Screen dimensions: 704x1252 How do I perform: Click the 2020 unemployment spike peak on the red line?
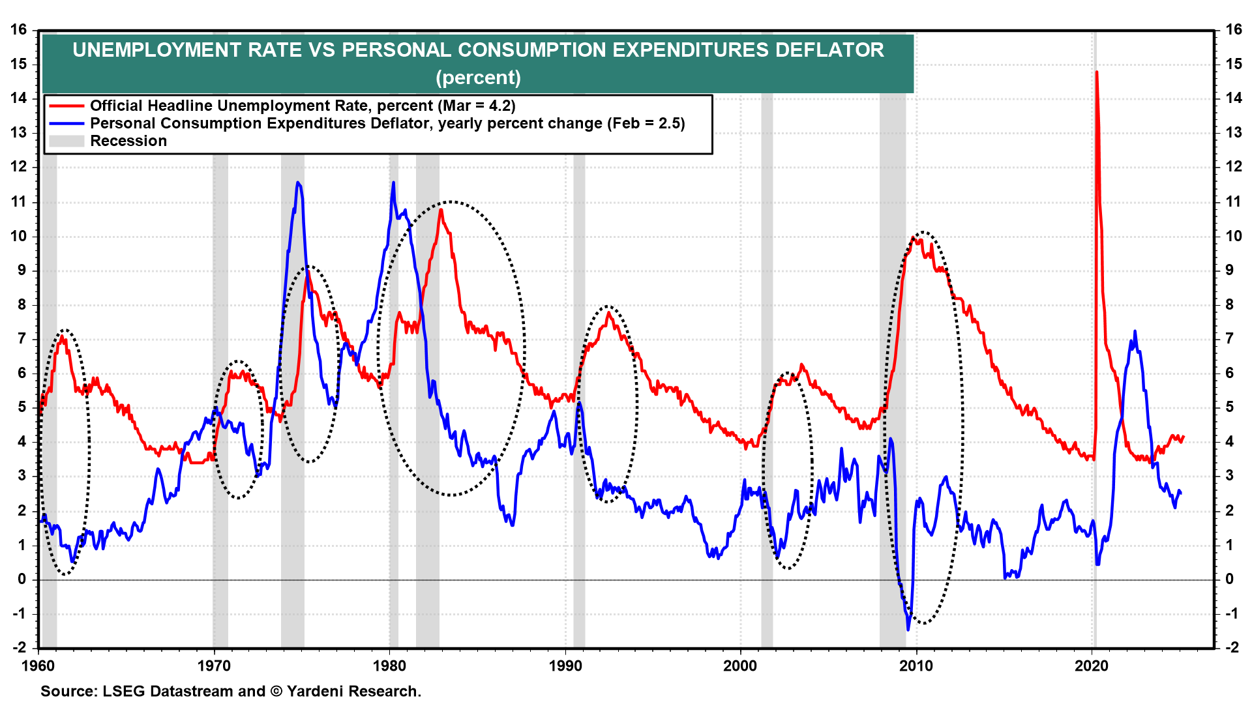tap(1096, 72)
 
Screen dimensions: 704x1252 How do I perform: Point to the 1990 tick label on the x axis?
tap(565, 666)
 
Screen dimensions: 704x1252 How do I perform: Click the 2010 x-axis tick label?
tap(916, 666)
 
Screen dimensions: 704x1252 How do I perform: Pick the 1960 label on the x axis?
tap(38, 666)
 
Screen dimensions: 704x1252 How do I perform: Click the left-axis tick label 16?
tap(19, 29)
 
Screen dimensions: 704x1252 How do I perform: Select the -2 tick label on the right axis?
tap(1232, 647)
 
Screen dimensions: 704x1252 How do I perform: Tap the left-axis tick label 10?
tap(19, 236)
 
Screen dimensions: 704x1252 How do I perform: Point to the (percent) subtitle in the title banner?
tap(478, 78)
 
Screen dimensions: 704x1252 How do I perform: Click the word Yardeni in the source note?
tap(316, 691)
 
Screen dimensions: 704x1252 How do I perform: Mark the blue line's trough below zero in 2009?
tap(908, 629)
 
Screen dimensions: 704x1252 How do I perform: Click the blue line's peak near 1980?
tap(393, 183)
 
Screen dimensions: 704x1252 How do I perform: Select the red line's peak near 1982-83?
tap(441, 210)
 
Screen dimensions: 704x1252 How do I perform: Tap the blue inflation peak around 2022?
tap(1135, 332)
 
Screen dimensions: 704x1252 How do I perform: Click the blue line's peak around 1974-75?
tap(298, 183)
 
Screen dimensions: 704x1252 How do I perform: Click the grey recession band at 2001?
tap(767, 391)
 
